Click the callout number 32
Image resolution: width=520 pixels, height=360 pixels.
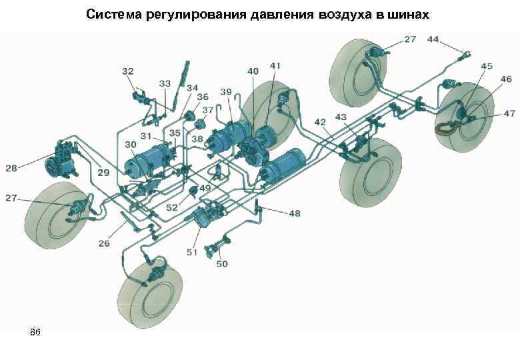tap(127, 69)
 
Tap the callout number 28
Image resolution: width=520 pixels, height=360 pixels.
tap(11, 168)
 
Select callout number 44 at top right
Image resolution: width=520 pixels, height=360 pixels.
tap(433, 39)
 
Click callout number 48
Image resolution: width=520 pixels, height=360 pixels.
tap(294, 213)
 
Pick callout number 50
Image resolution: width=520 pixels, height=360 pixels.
tap(222, 264)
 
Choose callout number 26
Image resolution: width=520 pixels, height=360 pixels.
tap(105, 243)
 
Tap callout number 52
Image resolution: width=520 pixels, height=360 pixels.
tap(172, 208)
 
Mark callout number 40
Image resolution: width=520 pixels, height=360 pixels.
tap(253, 71)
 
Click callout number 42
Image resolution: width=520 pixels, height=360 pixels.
tap(321, 121)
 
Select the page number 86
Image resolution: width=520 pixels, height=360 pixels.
tap(35, 331)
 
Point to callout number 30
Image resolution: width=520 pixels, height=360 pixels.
tap(131, 144)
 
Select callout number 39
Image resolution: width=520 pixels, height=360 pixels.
tap(226, 91)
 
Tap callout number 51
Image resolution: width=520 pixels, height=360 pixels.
tap(193, 252)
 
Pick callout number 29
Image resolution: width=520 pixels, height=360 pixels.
tap(103, 173)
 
